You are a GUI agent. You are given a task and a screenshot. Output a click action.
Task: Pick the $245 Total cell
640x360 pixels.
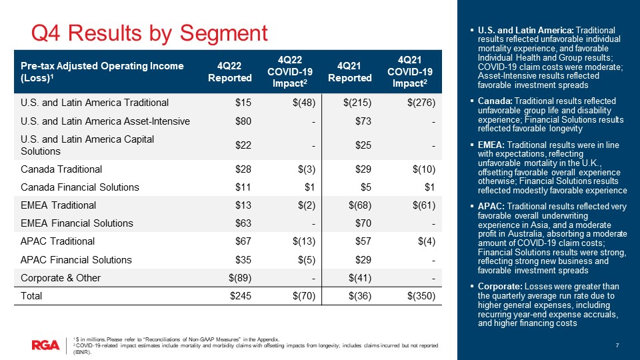[240, 297]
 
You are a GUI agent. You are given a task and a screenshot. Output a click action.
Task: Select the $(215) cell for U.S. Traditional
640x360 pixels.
[357, 103]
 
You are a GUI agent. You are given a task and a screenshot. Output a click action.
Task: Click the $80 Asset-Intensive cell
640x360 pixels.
[243, 121]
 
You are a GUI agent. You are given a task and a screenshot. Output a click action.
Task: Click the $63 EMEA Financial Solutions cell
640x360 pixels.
[243, 223]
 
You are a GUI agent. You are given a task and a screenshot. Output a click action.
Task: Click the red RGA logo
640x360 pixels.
[45, 345]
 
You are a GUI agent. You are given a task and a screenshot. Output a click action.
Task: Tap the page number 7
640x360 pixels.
[618, 345]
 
